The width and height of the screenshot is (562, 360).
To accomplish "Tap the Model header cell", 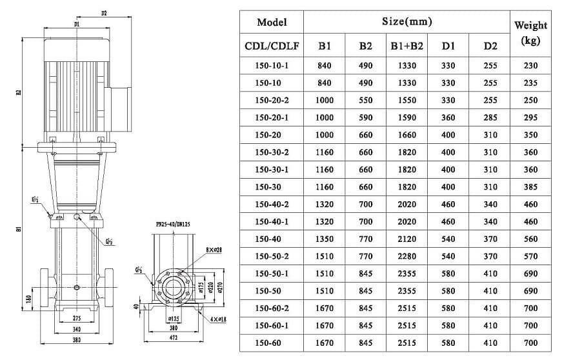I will [272, 22].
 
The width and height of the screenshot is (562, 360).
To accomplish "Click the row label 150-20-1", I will [272, 118].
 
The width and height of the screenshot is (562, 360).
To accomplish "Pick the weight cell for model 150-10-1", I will [530, 66].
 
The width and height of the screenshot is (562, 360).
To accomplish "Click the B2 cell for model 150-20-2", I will [366, 101].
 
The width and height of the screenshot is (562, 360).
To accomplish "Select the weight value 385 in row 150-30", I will [530, 187].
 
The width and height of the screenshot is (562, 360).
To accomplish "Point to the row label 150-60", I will [272, 343].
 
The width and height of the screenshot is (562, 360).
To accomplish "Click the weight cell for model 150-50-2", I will [530, 256].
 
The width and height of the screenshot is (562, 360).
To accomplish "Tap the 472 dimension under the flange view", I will [168, 337].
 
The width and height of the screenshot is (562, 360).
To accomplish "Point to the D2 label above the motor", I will [105, 12].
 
